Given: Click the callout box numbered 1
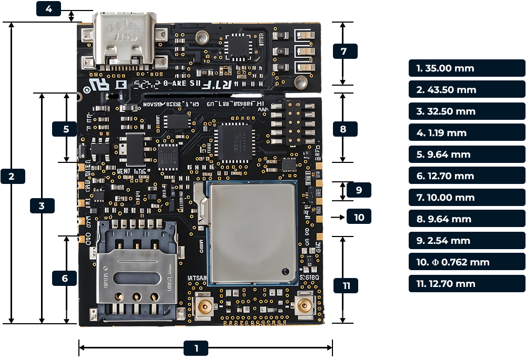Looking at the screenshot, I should tap(196, 348).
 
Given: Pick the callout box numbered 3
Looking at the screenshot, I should tap(42, 205).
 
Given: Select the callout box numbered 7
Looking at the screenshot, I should tap(345, 51).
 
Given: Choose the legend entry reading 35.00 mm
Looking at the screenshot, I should tap(467, 68).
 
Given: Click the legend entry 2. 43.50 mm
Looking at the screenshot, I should tap(467, 90).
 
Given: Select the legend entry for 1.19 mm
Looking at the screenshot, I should tap(467, 133).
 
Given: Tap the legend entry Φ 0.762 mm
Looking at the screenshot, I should tap(467, 262).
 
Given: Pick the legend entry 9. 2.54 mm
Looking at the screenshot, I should tap(467, 241).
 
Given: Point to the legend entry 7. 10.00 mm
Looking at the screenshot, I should tap(467, 198).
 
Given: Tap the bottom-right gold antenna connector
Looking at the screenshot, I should tap(304, 305).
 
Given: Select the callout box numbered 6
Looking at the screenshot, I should tap(65, 278).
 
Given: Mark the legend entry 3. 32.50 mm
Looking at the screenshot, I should tap(467, 111).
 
